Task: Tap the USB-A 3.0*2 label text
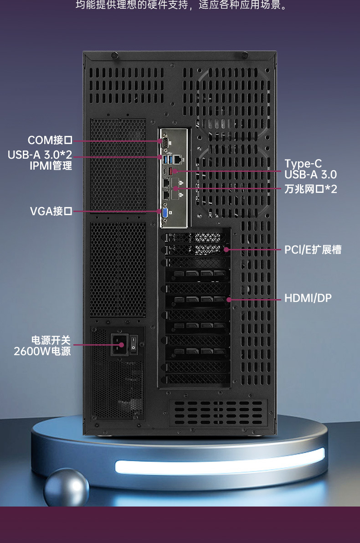[40, 155]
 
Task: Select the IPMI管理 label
[51, 165]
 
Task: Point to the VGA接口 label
[51, 211]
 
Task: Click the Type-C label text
[303, 164]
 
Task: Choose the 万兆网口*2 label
[311, 188]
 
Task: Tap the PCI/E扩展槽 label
[313, 249]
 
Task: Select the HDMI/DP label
[308, 298]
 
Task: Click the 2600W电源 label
[42, 351]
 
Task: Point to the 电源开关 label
[51, 340]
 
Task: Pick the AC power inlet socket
[120, 344]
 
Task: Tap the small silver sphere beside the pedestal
[67, 487]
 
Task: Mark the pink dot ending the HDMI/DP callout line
[229, 299]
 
